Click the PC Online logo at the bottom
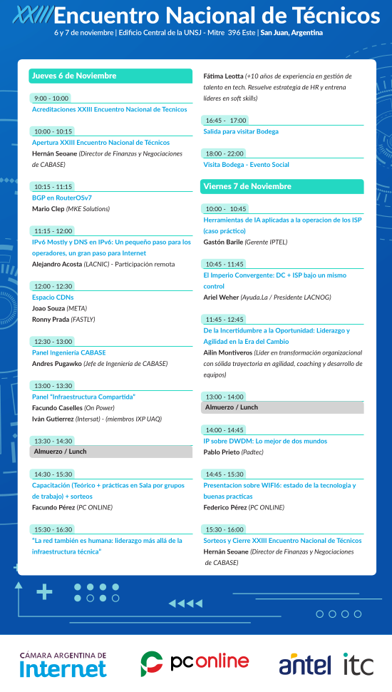pos(195,663)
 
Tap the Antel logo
pos(304,664)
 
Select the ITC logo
pos(358,664)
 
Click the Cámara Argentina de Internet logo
pos(63,664)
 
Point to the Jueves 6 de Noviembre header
pos(110,76)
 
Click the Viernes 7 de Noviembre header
pos(282,186)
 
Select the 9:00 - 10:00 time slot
pos(51,98)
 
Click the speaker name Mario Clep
pos(48,209)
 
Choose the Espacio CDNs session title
pos(53,297)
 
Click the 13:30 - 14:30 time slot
pos(53,441)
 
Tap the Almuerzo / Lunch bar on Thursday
pos(111,452)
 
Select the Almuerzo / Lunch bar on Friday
pos(282,407)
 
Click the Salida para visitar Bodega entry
pos(241,131)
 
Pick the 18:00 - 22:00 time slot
pos(224,153)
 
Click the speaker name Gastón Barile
pos(223,242)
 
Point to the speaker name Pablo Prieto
pos(222,452)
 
